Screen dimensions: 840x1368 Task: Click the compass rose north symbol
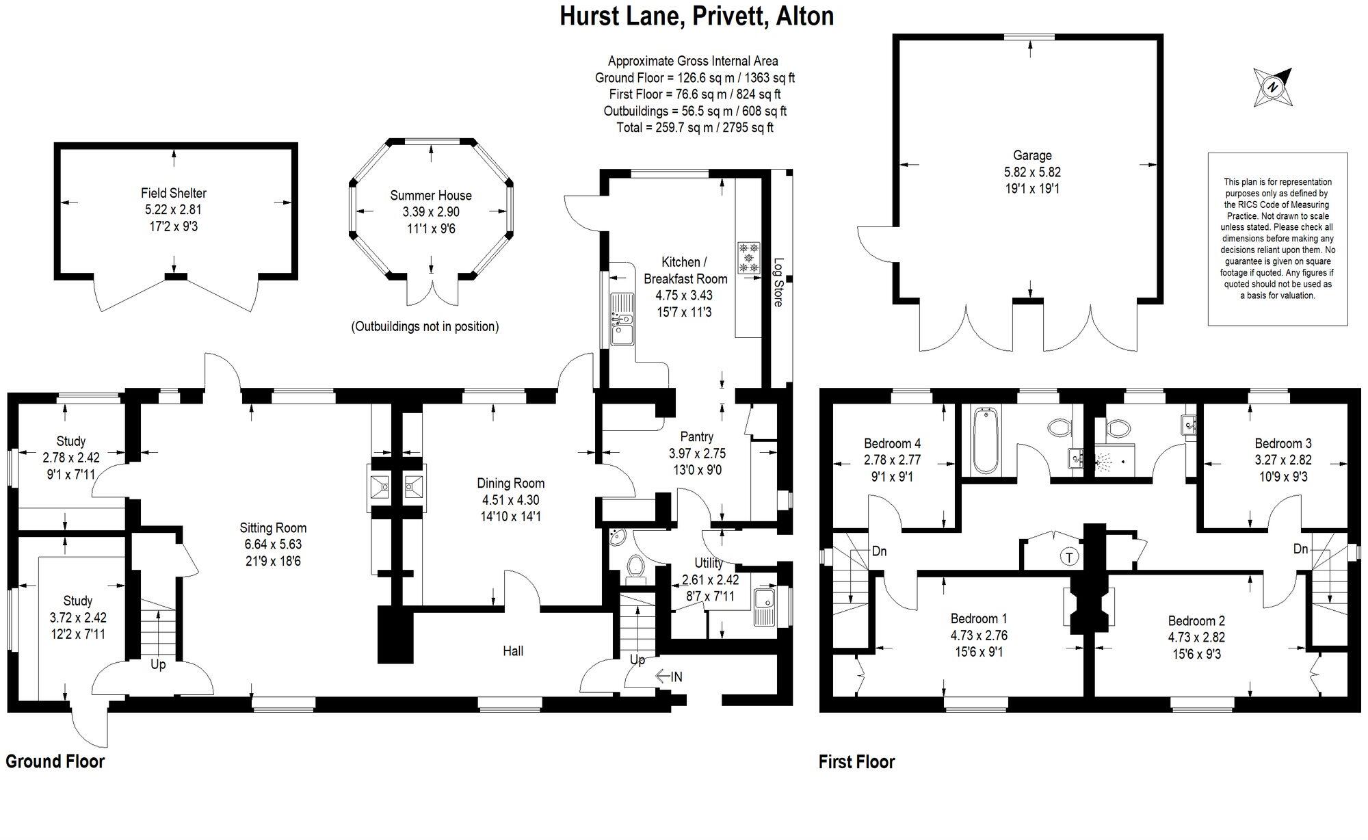(1273, 88)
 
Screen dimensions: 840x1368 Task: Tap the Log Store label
(778, 282)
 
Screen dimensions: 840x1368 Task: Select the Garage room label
(1032, 156)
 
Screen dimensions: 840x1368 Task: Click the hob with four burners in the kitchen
(749, 257)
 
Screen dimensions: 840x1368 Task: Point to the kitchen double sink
(622, 319)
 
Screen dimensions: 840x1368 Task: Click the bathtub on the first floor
(986, 441)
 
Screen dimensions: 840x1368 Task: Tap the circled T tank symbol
(1069, 557)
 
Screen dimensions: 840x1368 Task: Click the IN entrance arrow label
(669, 677)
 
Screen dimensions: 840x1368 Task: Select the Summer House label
(430, 196)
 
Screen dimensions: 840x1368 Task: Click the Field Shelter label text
(174, 194)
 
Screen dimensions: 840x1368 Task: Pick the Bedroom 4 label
(891, 443)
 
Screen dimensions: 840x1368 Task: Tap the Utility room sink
(763, 607)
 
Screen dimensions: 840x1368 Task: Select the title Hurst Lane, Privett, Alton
(696, 16)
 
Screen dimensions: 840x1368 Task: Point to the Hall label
(513, 651)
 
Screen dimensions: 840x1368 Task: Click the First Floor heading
(856, 762)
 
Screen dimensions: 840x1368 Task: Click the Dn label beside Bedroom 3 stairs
(1300, 549)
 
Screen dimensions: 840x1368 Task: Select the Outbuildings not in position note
(425, 326)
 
